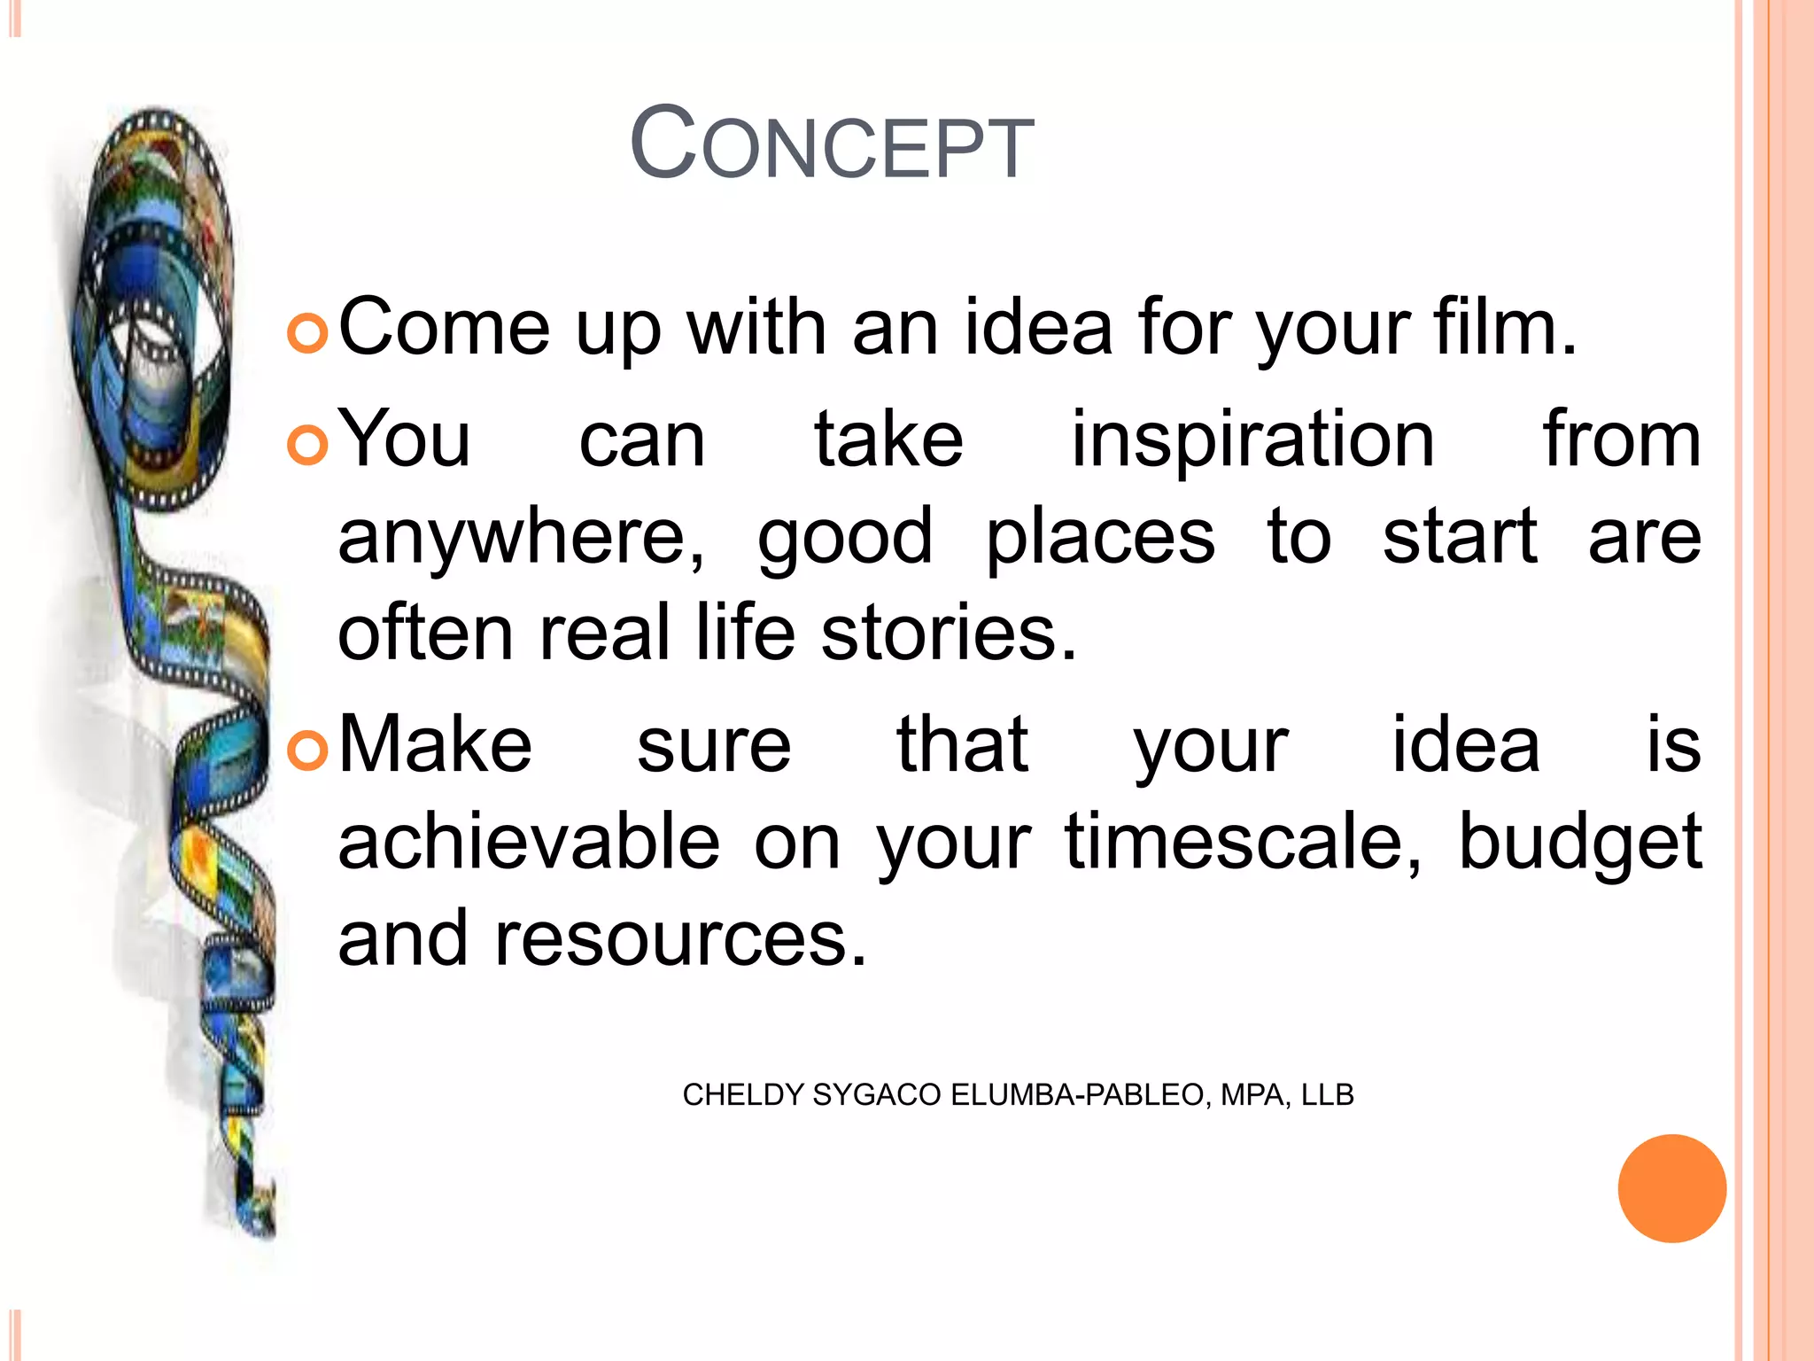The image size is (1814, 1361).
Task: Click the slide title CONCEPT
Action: point(831,144)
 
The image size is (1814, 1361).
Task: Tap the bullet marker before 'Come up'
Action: point(307,334)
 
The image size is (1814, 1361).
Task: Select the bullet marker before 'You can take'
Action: point(307,445)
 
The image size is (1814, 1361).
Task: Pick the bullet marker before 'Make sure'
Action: point(307,750)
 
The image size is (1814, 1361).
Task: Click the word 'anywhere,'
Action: point(522,538)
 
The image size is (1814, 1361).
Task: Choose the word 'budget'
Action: point(1579,843)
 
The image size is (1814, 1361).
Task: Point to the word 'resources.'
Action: point(680,938)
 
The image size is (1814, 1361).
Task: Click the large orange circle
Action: point(1671,1188)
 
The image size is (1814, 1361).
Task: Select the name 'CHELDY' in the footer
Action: point(742,1095)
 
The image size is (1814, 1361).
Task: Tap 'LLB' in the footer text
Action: point(1327,1095)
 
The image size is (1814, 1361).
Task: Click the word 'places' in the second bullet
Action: point(1100,538)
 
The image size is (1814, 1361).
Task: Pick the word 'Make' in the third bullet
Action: point(435,745)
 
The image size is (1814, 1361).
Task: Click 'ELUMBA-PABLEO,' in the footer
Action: point(1081,1095)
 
